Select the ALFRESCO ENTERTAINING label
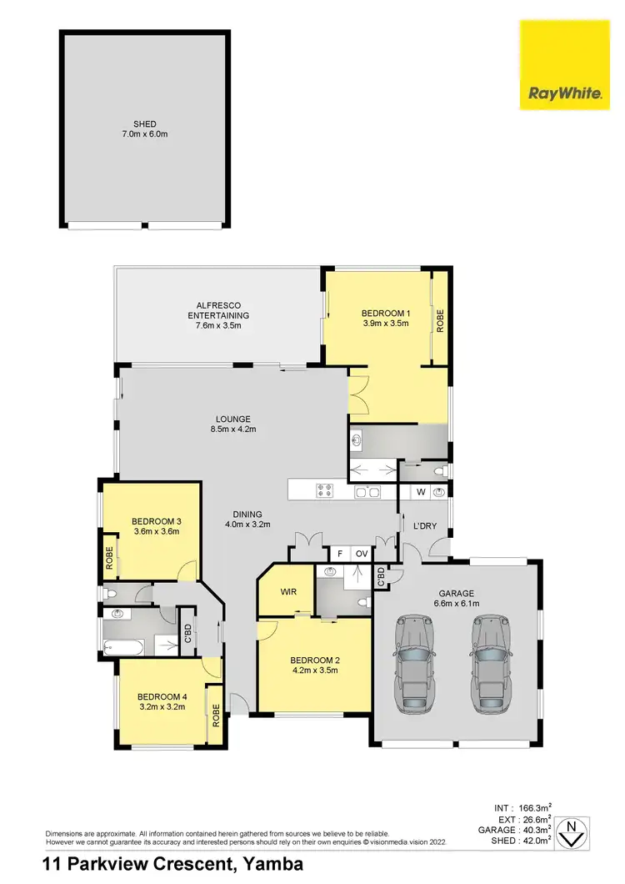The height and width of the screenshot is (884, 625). click(218, 309)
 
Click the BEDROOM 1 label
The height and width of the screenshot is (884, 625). click(385, 313)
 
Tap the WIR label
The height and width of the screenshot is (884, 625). click(284, 592)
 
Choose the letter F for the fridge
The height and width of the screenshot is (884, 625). click(339, 553)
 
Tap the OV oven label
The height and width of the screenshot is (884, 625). click(362, 553)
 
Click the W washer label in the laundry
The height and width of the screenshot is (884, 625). click(421, 492)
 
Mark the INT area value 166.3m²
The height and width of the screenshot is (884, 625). click(533, 807)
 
